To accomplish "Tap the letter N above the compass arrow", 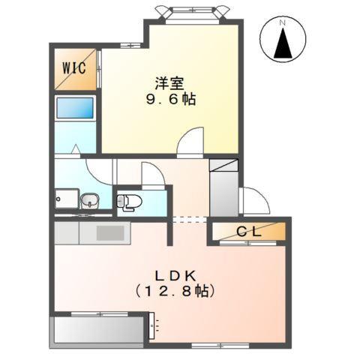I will pyautogui.click(x=283, y=22).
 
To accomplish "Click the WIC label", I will pyautogui.click(x=73, y=67).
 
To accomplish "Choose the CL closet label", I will pyautogui.click(x=250, y=232).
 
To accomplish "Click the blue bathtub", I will pyautogui.click(x=76, y=106).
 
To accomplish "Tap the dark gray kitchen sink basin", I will pyautogui.click(x=109, y=232).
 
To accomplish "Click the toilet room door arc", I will pyautogui.click(x=151, y=175).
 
